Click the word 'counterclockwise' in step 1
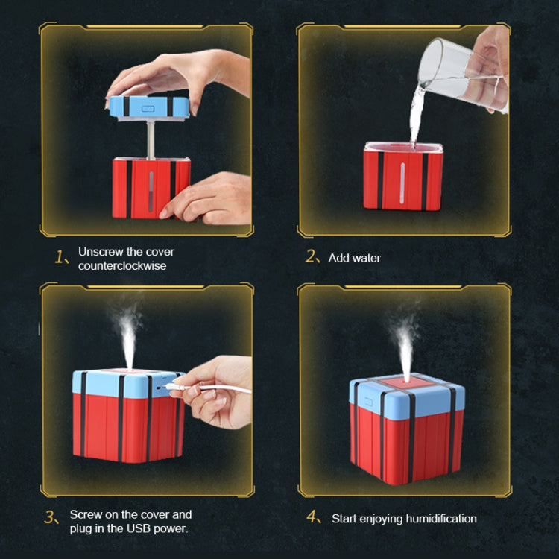click(122, 265)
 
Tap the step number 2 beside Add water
click(312, 257)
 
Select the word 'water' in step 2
click(366, 258)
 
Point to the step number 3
click(50, 518)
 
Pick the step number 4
click(314, 518)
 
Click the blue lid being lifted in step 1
click(148, 106)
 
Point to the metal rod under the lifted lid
click(150, 139)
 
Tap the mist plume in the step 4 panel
click(405, 343)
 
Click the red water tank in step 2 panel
click(402, 179)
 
